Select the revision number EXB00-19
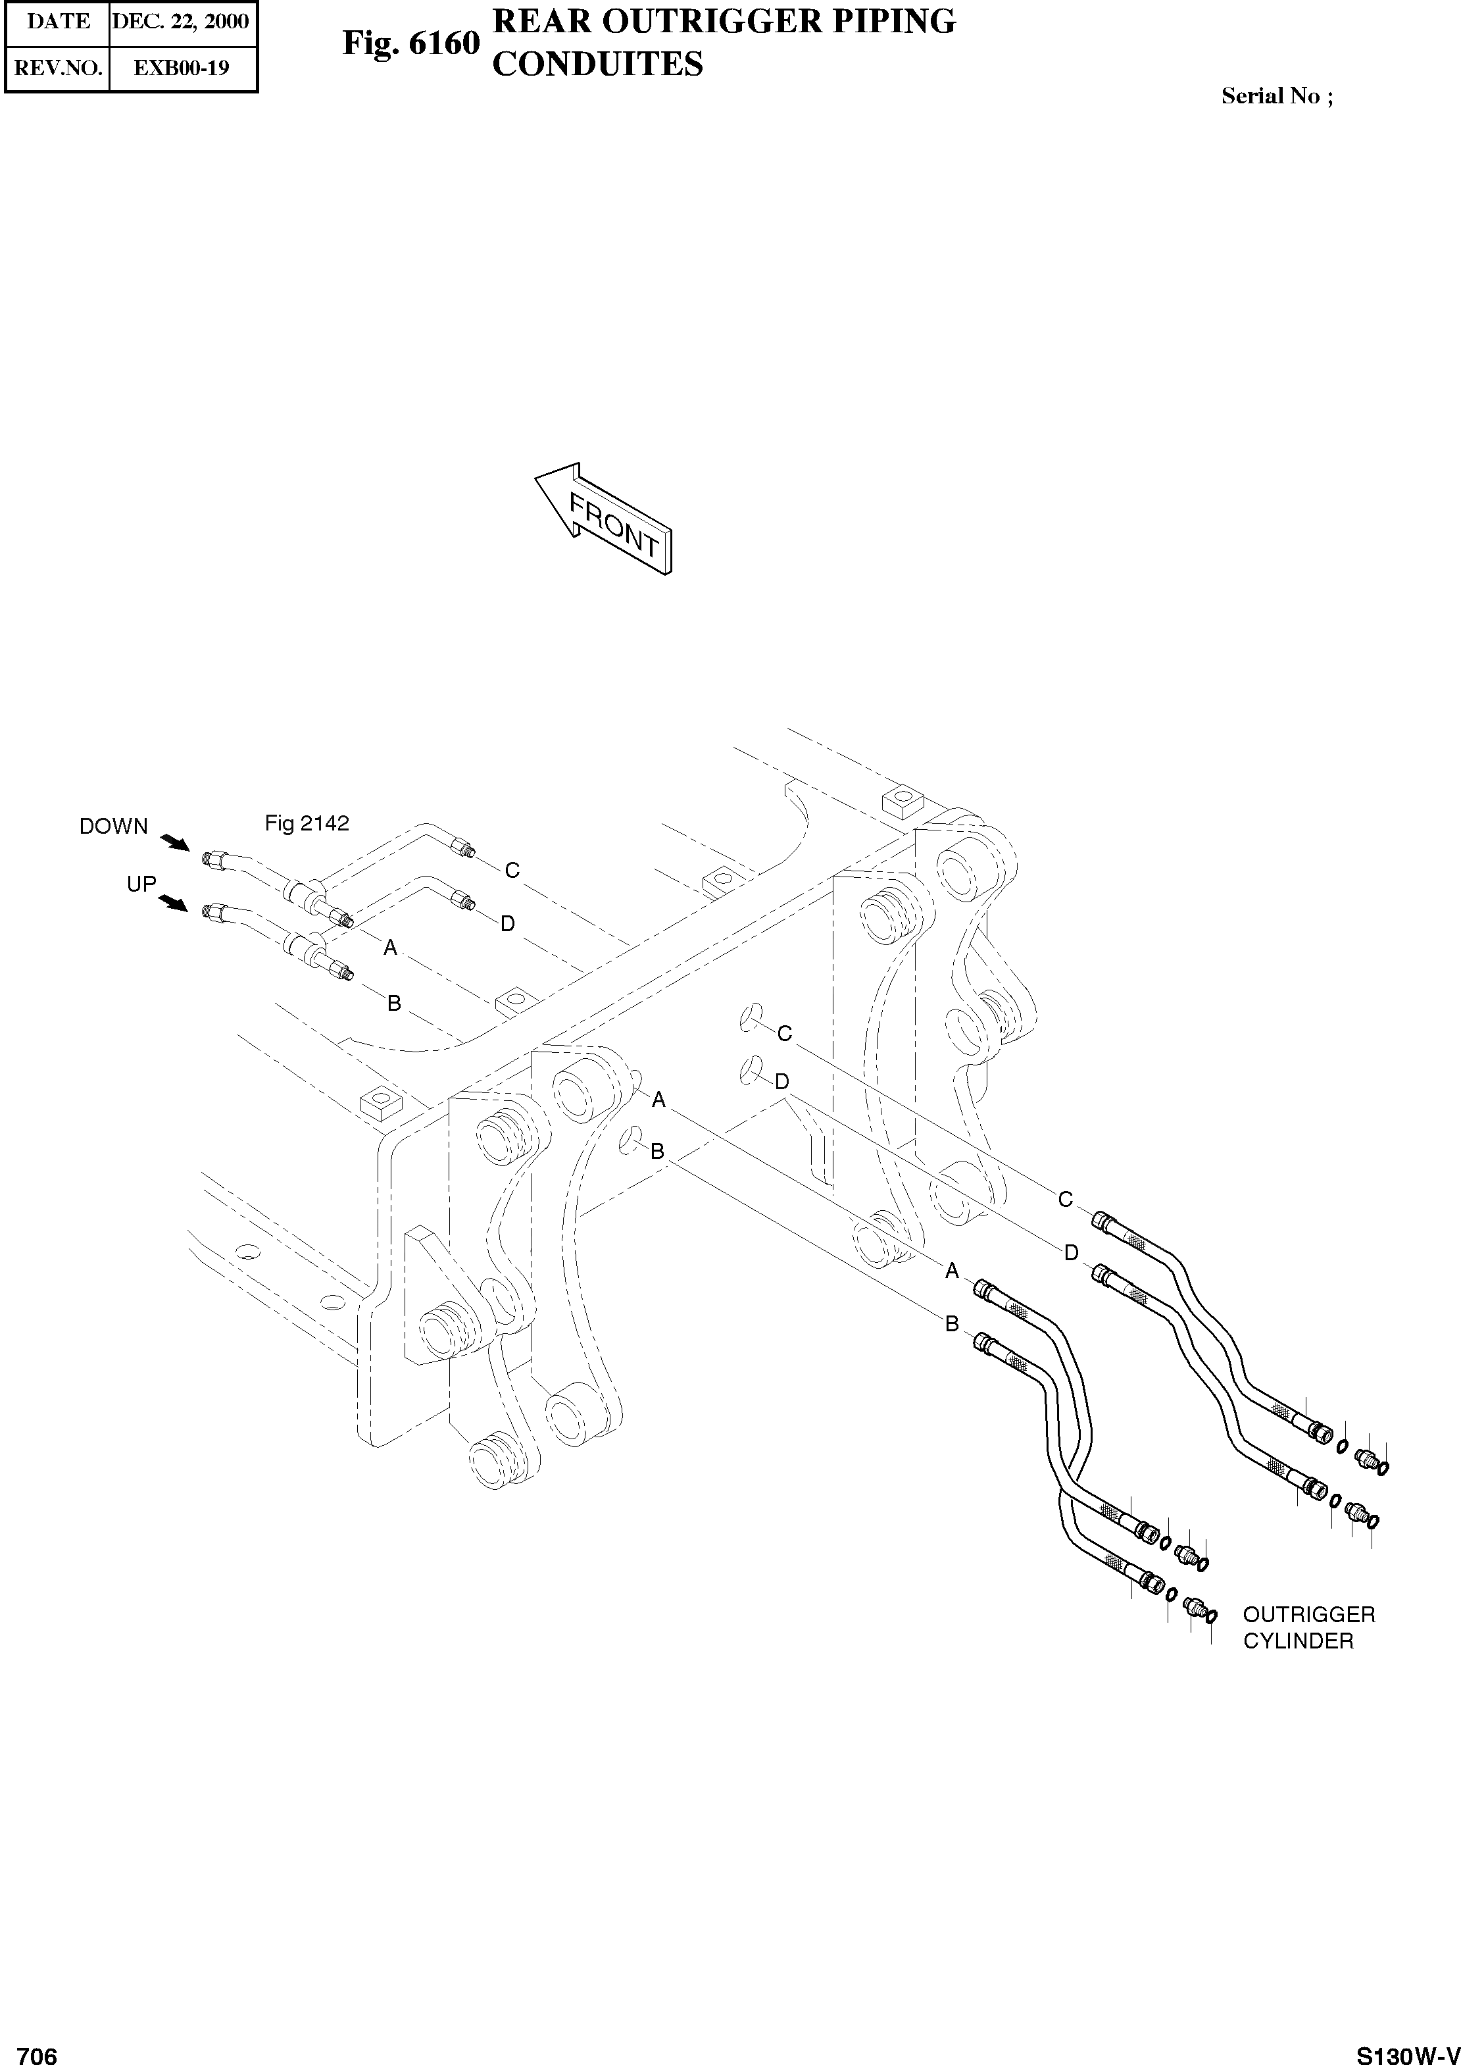(181, 68)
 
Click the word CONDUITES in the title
(597, 64)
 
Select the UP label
(141, 884)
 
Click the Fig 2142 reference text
(307, 823)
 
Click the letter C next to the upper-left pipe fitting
(512, 870)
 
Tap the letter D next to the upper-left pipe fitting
(507, 923)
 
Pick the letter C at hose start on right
(1065, 1200)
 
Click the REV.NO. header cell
(59, 68)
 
